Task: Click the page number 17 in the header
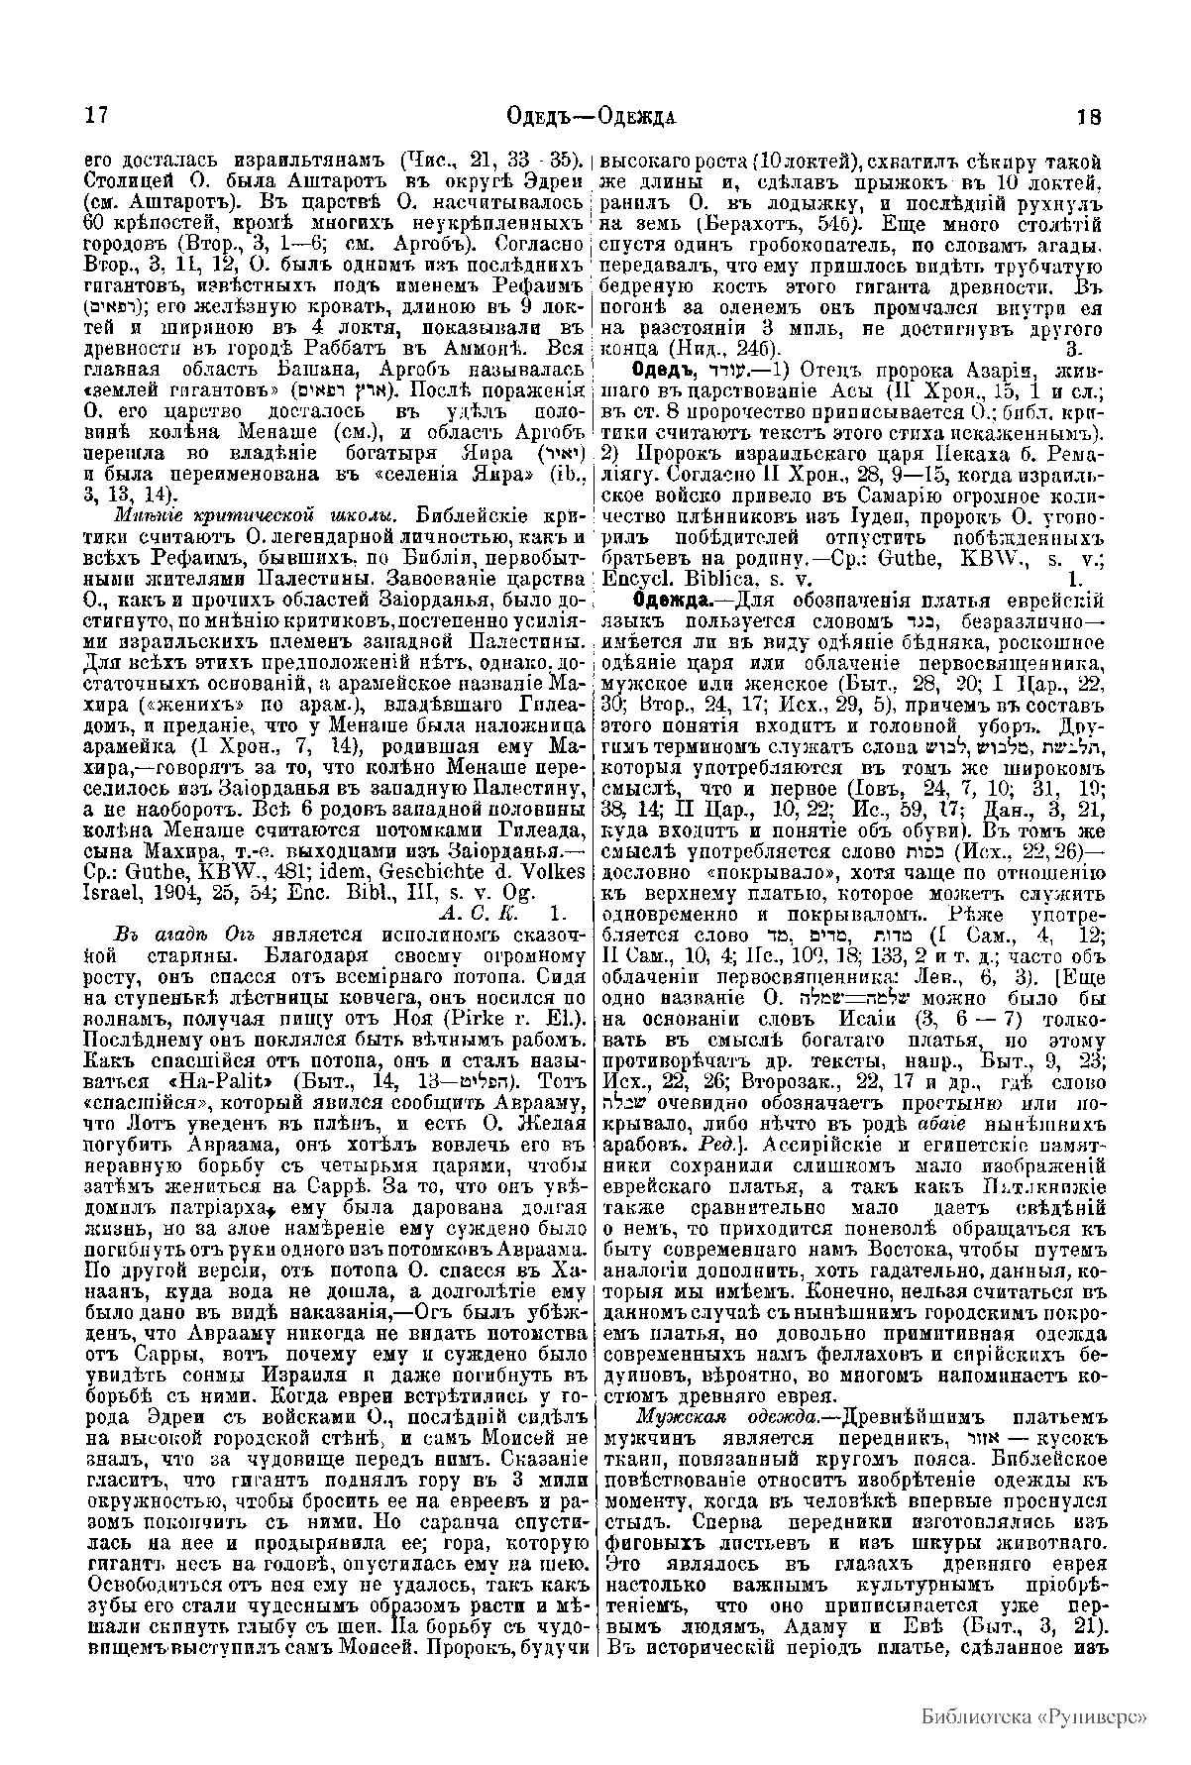(94, 115)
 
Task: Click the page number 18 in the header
(1089, 115)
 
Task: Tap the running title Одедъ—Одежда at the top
(591, 115)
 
